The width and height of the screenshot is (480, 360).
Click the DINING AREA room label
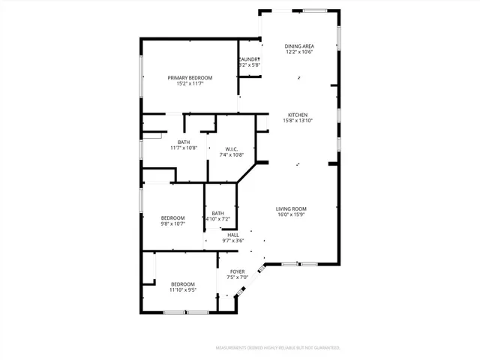(298, 46)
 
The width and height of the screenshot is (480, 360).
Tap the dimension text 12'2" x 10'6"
(298, 52)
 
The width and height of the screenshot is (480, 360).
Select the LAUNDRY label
(249, 59)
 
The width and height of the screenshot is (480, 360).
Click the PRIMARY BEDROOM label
(190, 78)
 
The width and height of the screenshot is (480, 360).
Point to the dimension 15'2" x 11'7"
(190, 84)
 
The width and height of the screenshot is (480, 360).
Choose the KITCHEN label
(298, 115)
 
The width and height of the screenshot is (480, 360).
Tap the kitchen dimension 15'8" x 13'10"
(298, 121)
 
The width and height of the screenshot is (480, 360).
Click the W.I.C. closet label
(232, 148)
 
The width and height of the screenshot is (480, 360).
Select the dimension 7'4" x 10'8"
(232, 154)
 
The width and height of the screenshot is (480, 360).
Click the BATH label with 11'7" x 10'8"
(184, 142)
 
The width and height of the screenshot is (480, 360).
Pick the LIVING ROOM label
(291, 208)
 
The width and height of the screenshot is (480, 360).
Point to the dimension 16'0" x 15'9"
(291, 214)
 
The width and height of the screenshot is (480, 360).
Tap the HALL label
(232, 235)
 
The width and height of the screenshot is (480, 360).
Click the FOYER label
(237, 271)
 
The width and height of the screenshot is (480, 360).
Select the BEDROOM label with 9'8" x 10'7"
(172, 217)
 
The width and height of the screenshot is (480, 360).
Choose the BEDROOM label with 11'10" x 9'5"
(183, 283)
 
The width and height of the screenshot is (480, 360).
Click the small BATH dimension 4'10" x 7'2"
(217, 219)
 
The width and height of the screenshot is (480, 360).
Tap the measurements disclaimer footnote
(278, 348)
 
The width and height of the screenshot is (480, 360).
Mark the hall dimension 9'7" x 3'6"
(232, 241)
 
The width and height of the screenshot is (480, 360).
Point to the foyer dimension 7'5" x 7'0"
(237, 277)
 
